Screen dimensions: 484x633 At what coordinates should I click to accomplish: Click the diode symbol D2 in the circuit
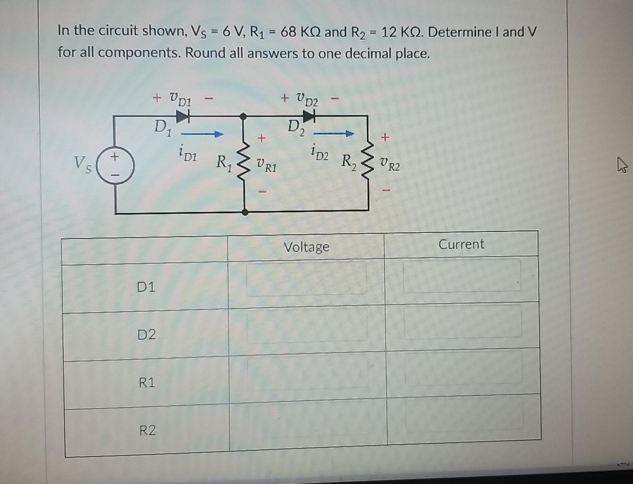pos(309,116)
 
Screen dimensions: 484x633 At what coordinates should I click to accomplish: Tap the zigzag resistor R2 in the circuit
pos(368,163)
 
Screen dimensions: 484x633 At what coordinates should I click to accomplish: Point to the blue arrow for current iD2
pos(334,134)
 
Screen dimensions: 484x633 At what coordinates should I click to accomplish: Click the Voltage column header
pos(306,247)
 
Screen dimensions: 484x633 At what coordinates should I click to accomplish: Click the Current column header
pos(461,245)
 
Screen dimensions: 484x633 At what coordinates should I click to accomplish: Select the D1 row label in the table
pos(146,287)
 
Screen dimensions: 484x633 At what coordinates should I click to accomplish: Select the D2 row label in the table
pos(146,335)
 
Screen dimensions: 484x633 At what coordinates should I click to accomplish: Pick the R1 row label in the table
pos(147,382)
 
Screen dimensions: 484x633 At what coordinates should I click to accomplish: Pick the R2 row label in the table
pos(147,430)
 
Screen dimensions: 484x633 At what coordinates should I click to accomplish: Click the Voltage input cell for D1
pos(306,280)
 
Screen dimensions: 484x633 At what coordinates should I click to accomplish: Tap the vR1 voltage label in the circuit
pos(266,166)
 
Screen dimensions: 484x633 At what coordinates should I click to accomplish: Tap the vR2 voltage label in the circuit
pos(390,165)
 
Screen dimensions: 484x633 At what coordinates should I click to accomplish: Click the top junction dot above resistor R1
pos(243,116)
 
